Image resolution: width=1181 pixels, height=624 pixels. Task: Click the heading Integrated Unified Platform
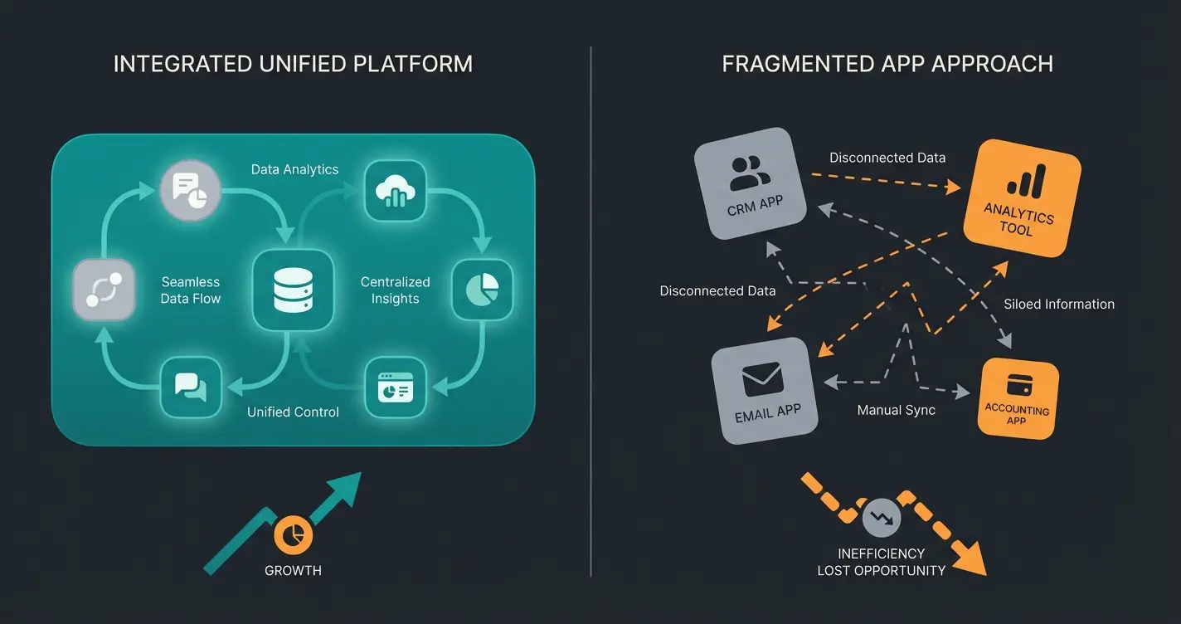(293, 64)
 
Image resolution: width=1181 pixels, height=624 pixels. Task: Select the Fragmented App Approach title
(887, 64)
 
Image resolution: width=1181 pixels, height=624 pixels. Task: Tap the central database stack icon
(292, 290)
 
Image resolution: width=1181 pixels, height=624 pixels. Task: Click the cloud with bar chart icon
(395, 191)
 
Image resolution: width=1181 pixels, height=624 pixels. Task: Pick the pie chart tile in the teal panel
(482, 289)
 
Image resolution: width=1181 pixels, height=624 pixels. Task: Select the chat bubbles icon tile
(191, 387)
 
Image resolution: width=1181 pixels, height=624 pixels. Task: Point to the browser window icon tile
(395, 387)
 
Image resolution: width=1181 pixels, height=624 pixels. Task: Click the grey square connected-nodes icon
(104, 289)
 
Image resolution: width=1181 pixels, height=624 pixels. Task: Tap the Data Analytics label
(294, 169)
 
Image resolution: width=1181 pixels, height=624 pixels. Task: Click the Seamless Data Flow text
(191, 290)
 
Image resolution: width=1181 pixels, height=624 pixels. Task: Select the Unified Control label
(293, 412)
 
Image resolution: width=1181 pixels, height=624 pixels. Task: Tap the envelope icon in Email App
(762, 380)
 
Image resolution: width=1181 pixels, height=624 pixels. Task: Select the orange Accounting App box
(1018, 398)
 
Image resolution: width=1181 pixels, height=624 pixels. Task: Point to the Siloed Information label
(1059, 304)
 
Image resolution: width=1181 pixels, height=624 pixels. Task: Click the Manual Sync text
(896, 410)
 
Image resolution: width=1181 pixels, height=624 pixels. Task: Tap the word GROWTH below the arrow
(293, 570)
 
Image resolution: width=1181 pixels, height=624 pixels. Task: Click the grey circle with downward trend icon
(882, 519)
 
